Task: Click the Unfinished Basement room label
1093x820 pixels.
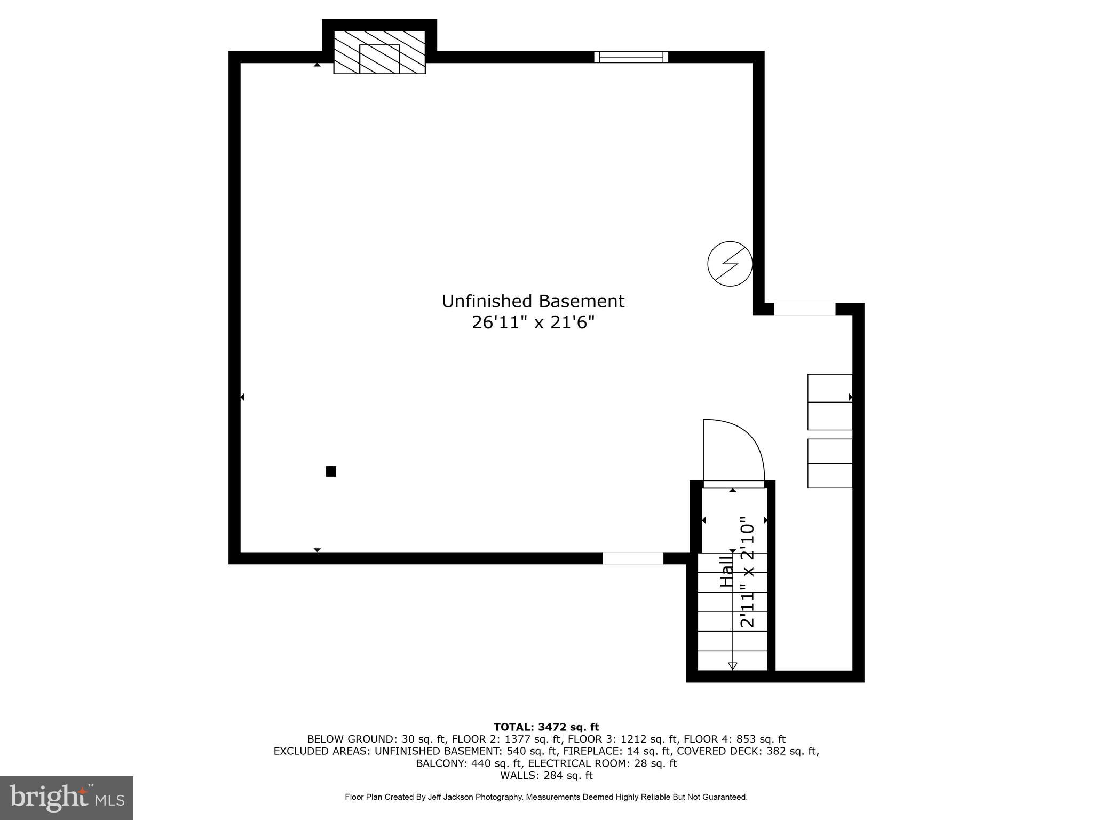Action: (x=533, y=302)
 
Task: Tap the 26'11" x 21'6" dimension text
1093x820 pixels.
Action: (x=533, y=323)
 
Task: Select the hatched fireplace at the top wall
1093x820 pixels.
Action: (x=379, y=52)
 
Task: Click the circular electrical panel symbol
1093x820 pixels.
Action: (x=730, y=263)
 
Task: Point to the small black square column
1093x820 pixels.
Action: (x=331, y=471)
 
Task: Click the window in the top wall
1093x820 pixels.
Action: (x=631, y=57)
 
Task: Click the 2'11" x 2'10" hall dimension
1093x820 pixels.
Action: (x=747, y=571)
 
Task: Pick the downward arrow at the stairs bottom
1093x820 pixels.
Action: (x=733, y=665)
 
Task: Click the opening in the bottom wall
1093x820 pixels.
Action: (x=633, y=558)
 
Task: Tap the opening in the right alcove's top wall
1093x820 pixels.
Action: (x=804, y=309)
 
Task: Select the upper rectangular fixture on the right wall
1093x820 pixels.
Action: (x=829, y=402)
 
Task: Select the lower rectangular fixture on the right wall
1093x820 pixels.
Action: (x=829, y=463)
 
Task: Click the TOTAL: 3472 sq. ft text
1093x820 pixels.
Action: (x=546, y=727)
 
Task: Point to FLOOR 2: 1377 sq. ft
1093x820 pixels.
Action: (x=506, y=739)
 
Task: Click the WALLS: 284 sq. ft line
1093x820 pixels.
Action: (x=546, y=775)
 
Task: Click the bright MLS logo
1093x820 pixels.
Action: (x=67, y=798)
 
